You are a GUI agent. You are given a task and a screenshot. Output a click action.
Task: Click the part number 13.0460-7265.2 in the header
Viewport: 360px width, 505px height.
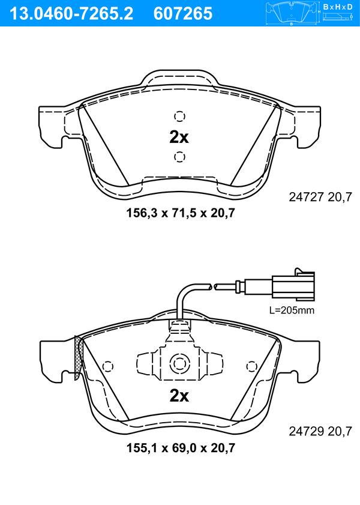(71, 14)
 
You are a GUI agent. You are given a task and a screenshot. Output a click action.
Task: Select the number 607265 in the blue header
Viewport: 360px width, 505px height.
(183, 14)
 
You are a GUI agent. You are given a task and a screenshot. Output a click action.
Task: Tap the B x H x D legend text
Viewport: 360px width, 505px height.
(338, 7)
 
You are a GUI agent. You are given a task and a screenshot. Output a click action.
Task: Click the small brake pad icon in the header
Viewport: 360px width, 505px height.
(292, 13)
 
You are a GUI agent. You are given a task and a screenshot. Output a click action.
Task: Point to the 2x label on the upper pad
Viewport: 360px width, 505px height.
(179, 138)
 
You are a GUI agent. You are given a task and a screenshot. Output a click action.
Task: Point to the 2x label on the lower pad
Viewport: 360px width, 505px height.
(179, 396)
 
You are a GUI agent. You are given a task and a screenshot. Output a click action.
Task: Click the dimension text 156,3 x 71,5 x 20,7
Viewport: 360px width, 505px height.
(181, 213)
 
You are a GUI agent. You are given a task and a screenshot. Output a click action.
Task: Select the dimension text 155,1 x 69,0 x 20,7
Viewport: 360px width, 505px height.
(181, 448)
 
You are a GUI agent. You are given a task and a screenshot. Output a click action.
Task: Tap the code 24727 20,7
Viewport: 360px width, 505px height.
(320, 197)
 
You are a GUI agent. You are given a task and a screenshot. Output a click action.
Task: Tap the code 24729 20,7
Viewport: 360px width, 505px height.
(320, 431)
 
